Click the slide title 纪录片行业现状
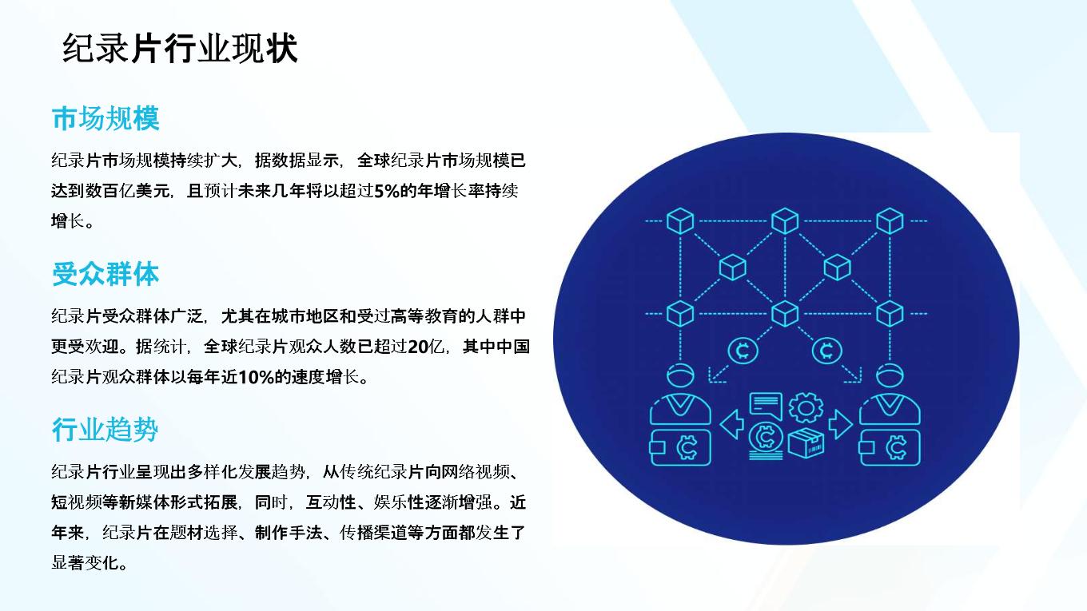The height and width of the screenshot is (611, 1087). coord(180,49)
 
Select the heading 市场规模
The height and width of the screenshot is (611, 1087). coord(106,118)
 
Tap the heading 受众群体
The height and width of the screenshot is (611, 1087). coord(106,274)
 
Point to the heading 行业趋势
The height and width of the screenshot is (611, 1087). coord(105,430)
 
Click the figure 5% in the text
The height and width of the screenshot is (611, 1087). coord(387,191)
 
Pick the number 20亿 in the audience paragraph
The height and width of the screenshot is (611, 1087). coord(425,347)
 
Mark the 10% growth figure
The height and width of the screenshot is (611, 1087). coord(256,377)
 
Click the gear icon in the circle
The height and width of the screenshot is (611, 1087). coord(806,407)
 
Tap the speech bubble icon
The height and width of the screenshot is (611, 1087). coord(766,406)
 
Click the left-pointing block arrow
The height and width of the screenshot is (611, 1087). coord(732,424)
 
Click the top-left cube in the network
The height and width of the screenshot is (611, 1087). coord(680,221)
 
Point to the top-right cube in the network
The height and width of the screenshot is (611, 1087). coord(890,221)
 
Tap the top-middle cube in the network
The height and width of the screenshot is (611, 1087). coord(785,221)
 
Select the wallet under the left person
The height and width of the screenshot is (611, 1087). coord(680,447)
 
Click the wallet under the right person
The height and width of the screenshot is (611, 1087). coord(890,447)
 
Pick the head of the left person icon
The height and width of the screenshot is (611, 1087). coord(680,375)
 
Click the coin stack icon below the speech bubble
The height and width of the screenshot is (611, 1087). coord(766,440)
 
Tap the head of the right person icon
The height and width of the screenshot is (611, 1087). coord(890,375)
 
